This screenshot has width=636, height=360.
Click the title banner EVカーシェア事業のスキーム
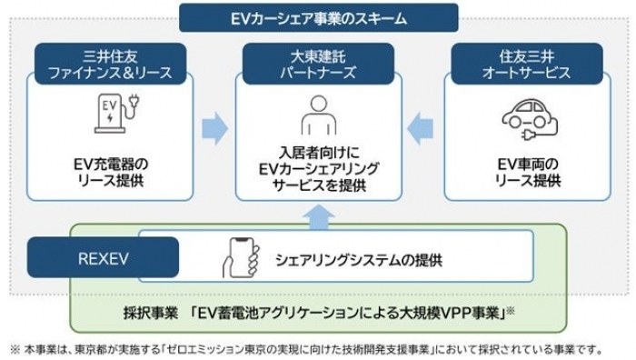(x=318, y=16)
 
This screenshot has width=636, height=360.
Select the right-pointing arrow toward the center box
(x=214, y=128)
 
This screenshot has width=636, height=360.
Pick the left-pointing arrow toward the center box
(x=420, y=128)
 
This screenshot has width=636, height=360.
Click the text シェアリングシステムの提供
(x=358, y=260)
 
